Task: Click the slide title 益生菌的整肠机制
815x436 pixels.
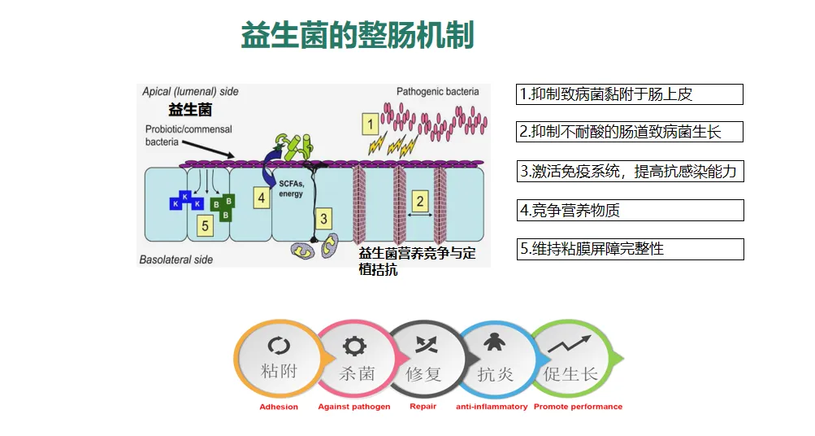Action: (x=357, y=37)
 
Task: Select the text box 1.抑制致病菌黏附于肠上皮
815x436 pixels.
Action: (x=629, y=94)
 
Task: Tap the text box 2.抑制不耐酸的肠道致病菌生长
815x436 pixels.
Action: (x=629, y=131)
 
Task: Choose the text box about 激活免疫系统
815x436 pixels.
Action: (x=629, y=171)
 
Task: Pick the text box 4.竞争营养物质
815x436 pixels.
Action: (x=629, y=210)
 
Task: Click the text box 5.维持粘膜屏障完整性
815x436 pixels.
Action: (x=629, y=249)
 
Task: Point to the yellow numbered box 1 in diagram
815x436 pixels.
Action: (x=370, y=124)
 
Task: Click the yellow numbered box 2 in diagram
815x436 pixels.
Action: (x=419, y=200)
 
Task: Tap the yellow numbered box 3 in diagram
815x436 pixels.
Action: (x=323, y=218)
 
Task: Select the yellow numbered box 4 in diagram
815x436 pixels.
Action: (x=261, y=198)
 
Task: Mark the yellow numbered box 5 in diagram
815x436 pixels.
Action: (x=206, y=225)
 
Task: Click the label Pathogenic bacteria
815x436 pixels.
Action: (x=437, y=92)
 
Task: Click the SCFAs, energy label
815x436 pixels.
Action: (x=290, y=190)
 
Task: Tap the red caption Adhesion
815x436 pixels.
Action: (x=279, y=407)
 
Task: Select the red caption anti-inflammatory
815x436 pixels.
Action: (x=492, y=407)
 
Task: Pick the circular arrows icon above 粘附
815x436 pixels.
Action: (x=279, y=346)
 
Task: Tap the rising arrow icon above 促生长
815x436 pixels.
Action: (x=569, y=344)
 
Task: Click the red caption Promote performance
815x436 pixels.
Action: (x=578, y=407)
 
